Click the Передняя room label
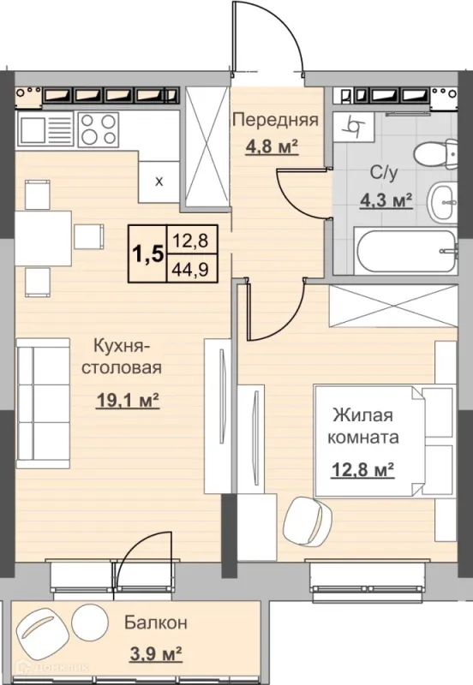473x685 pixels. pyautogui.click(x=275, y=119)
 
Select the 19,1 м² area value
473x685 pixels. pyautogui.click(x=127, y=400)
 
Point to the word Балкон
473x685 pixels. pyautogui.click(x=156, y=622)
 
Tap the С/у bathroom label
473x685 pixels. pyautogui.click(x=384, y=173)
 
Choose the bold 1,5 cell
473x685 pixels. pyautogui.click(x=147, y=253)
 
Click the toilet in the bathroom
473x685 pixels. pyautogui.click(x=435, y=155)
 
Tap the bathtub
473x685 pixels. pyautogui.click(x=405, y=250)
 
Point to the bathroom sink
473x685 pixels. pyautogui.click(x=442, y=203)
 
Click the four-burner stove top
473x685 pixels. pyautogui.click(x=99, y=130)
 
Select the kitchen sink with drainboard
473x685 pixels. pyautogui.click(x=45, y=130)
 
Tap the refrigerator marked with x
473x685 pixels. pyautogui.click(x=159, y=182)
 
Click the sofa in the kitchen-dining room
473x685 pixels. pyautogui.click(x=43, y=403)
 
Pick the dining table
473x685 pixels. pyautogui.click(x=44, y=239)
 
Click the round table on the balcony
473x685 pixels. pyautogui.click(x=89, y=621)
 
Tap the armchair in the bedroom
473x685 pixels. pyautogui.click(x=308, y=520)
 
